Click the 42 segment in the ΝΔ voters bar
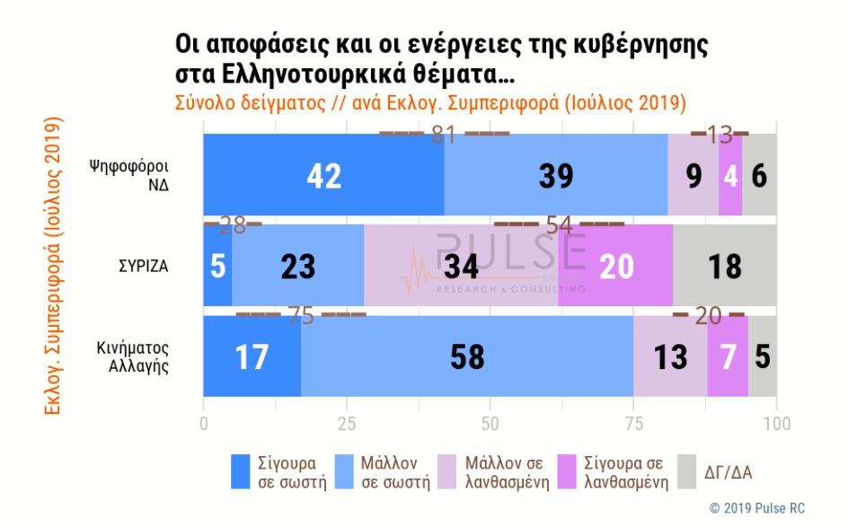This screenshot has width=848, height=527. tap(323, 176)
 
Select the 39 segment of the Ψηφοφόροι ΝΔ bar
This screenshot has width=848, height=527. tap(556, 176)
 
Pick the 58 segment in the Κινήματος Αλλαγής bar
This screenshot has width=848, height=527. tap(466, 356)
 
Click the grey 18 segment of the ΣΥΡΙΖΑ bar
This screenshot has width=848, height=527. tap(724, 266)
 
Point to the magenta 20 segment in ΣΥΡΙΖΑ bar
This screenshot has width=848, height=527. tap(615, 266)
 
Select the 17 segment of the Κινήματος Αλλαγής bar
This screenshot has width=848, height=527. tap(252, 356)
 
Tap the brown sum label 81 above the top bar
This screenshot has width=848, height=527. tap(444, 135)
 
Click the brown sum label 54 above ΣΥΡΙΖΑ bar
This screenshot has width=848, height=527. tap(559, 224)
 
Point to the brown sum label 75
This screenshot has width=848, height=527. tap(301, 315)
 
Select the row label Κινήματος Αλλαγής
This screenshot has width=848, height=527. tap(134, 357)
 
